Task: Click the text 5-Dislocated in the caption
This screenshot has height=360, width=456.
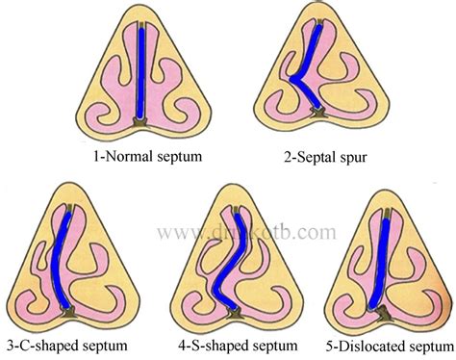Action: [366, 341]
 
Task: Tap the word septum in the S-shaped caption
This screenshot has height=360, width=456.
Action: [268, 341]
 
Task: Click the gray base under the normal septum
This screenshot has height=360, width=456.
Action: [141, 123]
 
